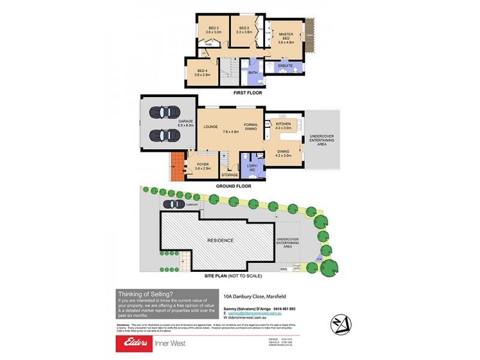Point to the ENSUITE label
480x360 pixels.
[285, 65]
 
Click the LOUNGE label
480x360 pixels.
[210, 127]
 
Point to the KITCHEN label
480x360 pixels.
[283, 124]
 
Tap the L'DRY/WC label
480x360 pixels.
[253, 169]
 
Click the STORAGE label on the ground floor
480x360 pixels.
[230, 175]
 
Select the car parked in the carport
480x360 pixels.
[174, 204]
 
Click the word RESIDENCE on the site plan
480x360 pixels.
[221, 241]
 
